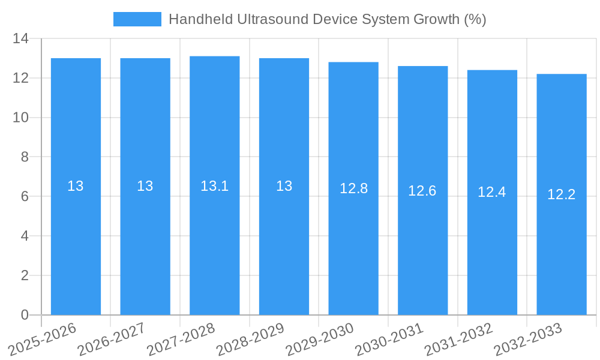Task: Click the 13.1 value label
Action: (215, 186)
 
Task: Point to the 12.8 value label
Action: (353, 188)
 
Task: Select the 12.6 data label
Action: (422, 191)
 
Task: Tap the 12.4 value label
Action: (492, 192)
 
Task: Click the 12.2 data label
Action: (562, 194)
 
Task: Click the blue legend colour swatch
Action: (137, 19)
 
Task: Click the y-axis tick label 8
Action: (24, 157)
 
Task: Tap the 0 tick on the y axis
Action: (24, 315)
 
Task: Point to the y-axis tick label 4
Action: (24, 236)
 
